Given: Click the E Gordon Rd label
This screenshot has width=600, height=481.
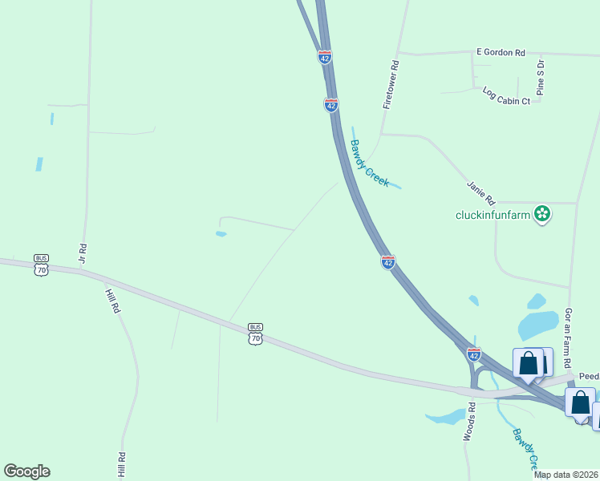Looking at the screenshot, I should (500, 52).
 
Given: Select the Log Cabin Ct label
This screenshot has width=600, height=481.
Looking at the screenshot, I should (506, 96).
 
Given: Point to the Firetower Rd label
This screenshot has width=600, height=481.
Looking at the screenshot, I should (391, 83).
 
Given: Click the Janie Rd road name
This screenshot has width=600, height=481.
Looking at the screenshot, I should (481, 192).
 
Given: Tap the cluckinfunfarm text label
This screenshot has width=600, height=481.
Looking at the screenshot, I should (493, 214).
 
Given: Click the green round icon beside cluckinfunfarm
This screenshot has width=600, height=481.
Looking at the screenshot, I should (543, 213).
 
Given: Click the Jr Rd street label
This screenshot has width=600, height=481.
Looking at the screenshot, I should (81, 254).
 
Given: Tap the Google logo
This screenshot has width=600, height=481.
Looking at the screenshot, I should (26, 471).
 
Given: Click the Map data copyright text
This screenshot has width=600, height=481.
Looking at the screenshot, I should (566, 475).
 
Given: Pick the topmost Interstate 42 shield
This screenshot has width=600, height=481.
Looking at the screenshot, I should (324, 57).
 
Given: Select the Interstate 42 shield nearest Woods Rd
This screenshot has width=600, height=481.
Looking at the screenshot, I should (474, 354).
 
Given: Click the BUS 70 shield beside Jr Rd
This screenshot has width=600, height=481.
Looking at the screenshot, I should (41, 265).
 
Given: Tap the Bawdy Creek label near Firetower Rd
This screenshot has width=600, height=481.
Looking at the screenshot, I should (369, 164).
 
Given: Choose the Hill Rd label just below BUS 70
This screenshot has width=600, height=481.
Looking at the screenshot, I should (113, 301).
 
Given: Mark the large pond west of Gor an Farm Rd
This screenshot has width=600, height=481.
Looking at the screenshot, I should (537, 324).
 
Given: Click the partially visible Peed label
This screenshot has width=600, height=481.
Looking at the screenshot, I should (589, 375).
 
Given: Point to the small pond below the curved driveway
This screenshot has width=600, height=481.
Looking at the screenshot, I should (221, 234).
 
